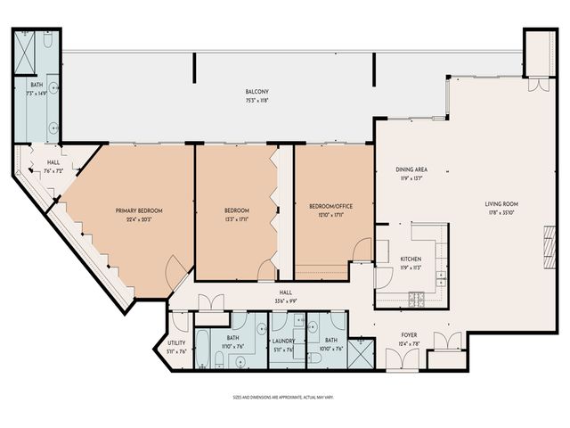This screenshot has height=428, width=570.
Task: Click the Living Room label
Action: click(x=501, y=204)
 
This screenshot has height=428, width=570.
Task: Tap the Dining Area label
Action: click(x=411, y=169)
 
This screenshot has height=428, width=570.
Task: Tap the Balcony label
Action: click(x=257, y=92)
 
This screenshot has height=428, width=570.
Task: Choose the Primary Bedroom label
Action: click(x=138, y=210)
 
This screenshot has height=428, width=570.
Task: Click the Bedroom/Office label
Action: click(x=330, y=206)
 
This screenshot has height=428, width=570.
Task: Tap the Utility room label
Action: click(x=176, y=343)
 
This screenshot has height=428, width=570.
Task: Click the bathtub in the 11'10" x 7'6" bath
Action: click(x=203, y=349)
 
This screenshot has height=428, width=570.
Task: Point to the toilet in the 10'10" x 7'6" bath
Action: click(x=314, y=357)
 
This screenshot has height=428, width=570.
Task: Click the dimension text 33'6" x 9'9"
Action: click(x=286, y=300)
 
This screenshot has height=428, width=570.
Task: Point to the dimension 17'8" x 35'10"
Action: click(x=501, y=212)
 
